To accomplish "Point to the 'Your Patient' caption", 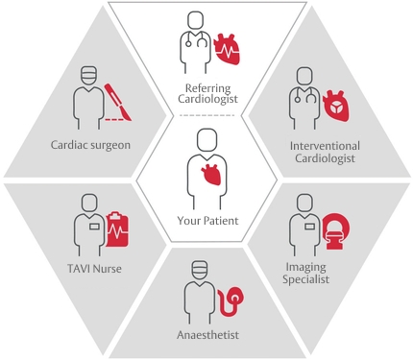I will click(206, 221).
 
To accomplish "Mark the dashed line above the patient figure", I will click(206, 115).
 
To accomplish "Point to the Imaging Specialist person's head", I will click(303, 204).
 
